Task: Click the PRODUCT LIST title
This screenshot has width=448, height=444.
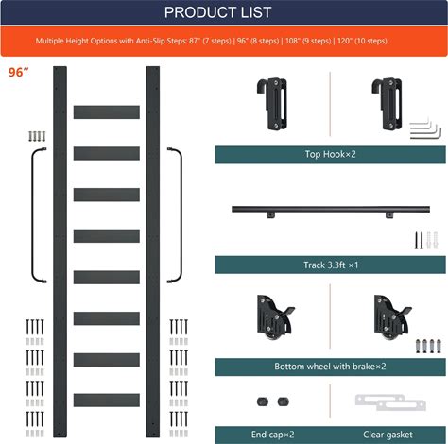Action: tap(217, 12)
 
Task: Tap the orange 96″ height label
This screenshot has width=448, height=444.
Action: tap(18, 73)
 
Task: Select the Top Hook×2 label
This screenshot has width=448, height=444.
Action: tap(330, 154)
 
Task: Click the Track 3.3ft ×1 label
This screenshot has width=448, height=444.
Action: tap(331, 265)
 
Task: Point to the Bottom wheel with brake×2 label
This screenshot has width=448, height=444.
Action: tap(330, 367)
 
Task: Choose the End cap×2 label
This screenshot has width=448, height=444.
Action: tap(273, 435)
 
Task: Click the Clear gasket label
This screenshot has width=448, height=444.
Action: tap(388, 435)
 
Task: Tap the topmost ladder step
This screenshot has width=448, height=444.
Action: tap(107, 112)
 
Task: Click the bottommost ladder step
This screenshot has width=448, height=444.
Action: tap(107, 400)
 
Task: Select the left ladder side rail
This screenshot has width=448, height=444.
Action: tap(60, 251)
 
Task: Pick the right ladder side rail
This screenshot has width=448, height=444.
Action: tap(153, 251)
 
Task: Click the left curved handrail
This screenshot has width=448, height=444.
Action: tap(32, 215)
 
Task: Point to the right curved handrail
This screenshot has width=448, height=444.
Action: tap(181, 215)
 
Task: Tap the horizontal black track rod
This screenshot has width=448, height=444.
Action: tap(331, 209)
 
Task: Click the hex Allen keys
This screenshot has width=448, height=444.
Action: tap(425, 129)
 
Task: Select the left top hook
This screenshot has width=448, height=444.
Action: tap(273, 104)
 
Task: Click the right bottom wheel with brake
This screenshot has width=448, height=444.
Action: tap(391, 317)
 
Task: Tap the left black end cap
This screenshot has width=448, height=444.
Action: tap(263, 401)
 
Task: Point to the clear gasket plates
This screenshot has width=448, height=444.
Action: tap(390, 402)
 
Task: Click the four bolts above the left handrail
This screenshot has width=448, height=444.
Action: tap(37, 136)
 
